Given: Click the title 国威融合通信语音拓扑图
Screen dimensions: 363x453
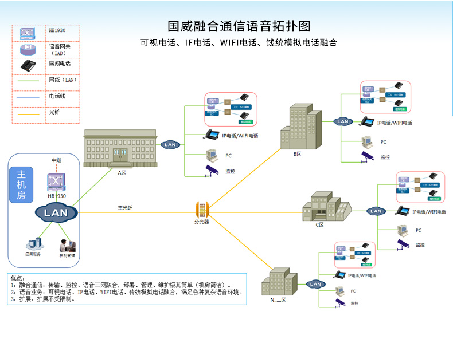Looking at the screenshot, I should (x=239, y=26).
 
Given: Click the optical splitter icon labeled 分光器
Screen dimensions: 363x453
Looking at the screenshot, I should (x=202, y=209).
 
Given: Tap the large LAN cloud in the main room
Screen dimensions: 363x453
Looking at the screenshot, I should (x=56, y=213).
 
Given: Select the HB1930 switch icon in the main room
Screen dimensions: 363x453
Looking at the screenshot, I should (x=56, y=181).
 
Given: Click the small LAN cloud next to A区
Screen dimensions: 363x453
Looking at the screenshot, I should (x=170, y=145).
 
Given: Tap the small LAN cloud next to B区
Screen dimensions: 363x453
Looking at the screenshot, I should (x=343, y=121).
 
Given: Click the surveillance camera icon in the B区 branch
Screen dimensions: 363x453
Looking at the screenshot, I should (x=367, y=157).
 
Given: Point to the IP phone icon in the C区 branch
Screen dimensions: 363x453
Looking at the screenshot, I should (x=403, y=210).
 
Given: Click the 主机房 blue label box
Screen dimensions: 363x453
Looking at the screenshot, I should (x=21, y=186).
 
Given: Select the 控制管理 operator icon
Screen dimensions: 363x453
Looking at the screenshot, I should (x=67, y=246).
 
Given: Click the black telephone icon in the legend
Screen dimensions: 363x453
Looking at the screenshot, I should (x=29, y=65).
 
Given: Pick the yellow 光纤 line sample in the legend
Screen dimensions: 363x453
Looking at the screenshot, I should (x=29, y=115).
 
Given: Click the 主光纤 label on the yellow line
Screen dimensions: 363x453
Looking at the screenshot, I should (x=125, y=208).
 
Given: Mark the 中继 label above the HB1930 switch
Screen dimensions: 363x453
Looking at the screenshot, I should (x=56, y=160).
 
